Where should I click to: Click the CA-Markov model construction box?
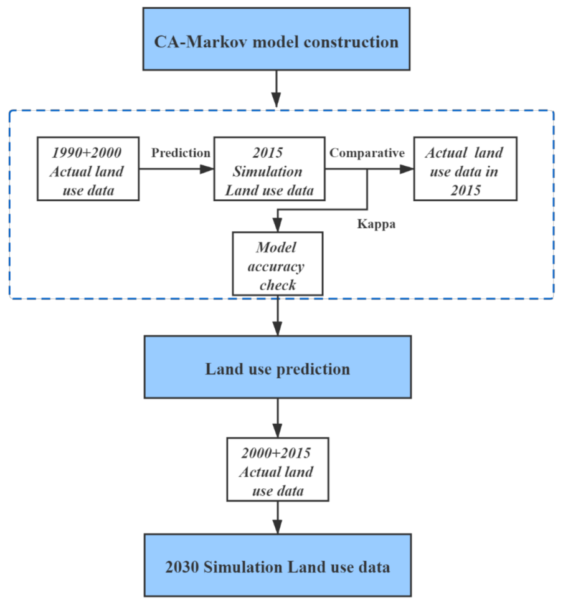pyautogui.click(x=277, y=39)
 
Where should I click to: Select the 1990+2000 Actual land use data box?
pyautogui.click(x=87, y=168)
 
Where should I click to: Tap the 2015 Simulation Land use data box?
pyautogui.click(x=270, y=168)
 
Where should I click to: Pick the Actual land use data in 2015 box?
pyautogui.click(x=465, y=168)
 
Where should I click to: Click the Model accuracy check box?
pyautogui.click(x=277, y=264)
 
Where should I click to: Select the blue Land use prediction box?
pyautogui.click(x=277, y=367)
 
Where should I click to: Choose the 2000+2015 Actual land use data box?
pyautogui.click(x=277, y=469)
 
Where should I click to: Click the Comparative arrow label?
pyautogui.click(x=367, y=153)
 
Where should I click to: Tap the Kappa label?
pyautogui.click(x=376, y=224)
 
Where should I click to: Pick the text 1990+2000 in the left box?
pyautogui.click(x=87, y=152)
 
